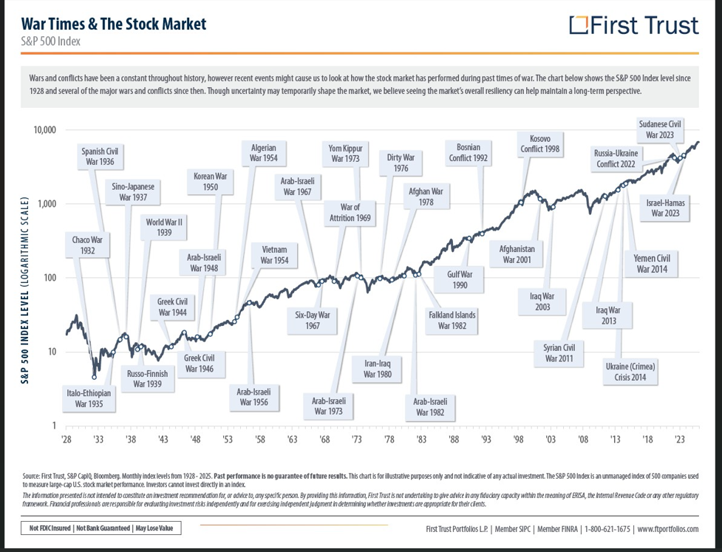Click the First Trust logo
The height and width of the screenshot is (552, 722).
point(634,25)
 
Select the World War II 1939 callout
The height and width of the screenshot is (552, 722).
point(164,227)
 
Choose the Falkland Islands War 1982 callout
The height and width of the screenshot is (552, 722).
point(452,320)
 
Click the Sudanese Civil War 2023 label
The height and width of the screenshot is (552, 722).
point(661,130)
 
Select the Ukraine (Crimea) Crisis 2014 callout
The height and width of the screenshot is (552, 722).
point(630,372)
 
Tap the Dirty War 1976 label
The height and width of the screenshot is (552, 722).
point(401,163)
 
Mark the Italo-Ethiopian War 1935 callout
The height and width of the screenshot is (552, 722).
point(88,399)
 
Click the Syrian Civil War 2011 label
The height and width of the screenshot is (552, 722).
point(559,352)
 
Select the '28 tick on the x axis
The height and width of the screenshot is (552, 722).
point(66,439)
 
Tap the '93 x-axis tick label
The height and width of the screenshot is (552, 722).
point(486,439)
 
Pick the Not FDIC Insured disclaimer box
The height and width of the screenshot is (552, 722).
point(101,528)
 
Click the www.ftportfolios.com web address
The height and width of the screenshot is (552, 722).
point(667,529)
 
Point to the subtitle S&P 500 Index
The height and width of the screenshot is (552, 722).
point(51,41)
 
